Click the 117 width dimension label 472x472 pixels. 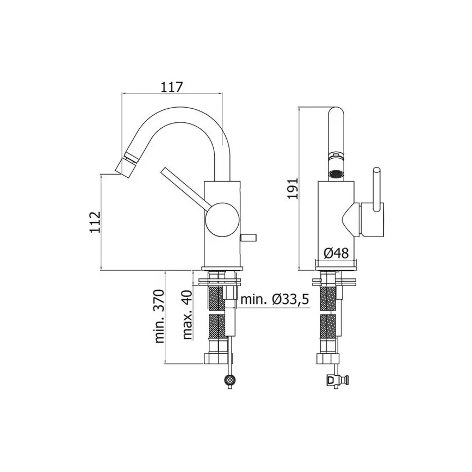coord(171,86)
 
